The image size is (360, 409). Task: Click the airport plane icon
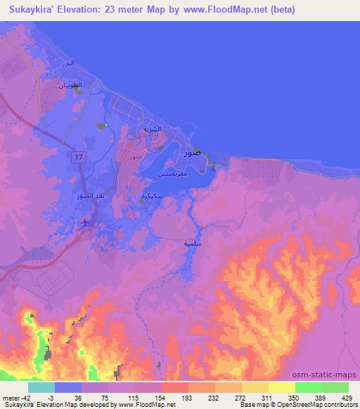point(86,223)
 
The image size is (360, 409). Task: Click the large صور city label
point(191,151)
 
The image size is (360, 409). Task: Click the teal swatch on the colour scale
point(41,387)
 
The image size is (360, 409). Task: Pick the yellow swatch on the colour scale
point(281,387)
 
